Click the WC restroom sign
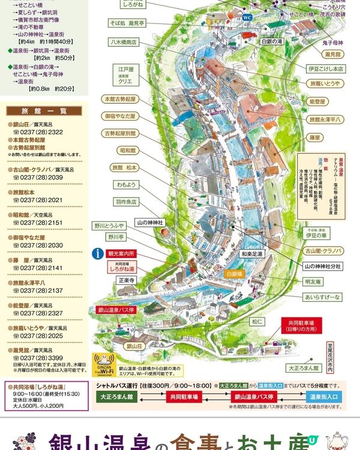247,18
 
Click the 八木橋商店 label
123,43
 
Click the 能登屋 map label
316,102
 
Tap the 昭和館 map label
127,149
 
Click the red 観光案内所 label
121,254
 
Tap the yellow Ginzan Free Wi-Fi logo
106,364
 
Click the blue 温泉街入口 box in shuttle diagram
324,397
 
